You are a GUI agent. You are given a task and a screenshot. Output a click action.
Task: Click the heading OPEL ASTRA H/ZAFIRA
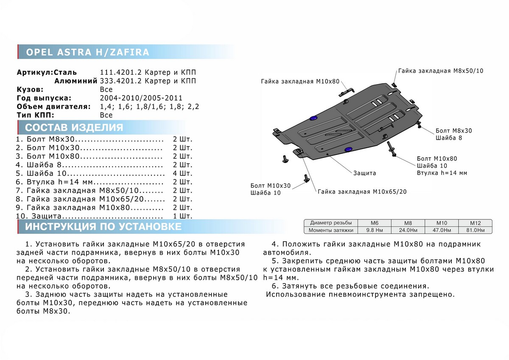[x=88, y=52]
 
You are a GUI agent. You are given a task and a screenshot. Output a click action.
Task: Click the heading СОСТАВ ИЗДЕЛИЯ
[x=74, y=127]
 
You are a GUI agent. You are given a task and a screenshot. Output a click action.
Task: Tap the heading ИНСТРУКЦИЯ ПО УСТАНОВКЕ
[x=103, y=227]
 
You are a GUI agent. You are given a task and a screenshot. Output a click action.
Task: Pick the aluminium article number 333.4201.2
[x=118, y=81]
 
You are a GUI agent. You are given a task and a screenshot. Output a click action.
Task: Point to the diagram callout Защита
[x=364, y=173]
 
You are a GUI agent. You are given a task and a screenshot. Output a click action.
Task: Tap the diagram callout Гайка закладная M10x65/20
[x=362, y=191]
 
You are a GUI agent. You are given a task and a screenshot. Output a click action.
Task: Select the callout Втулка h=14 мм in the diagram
[x=442, y=173]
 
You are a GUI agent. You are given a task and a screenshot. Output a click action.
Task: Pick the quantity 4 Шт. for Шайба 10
[x=182, y=173]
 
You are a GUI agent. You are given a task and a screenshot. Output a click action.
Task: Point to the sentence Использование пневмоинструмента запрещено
[x=360, y=294]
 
